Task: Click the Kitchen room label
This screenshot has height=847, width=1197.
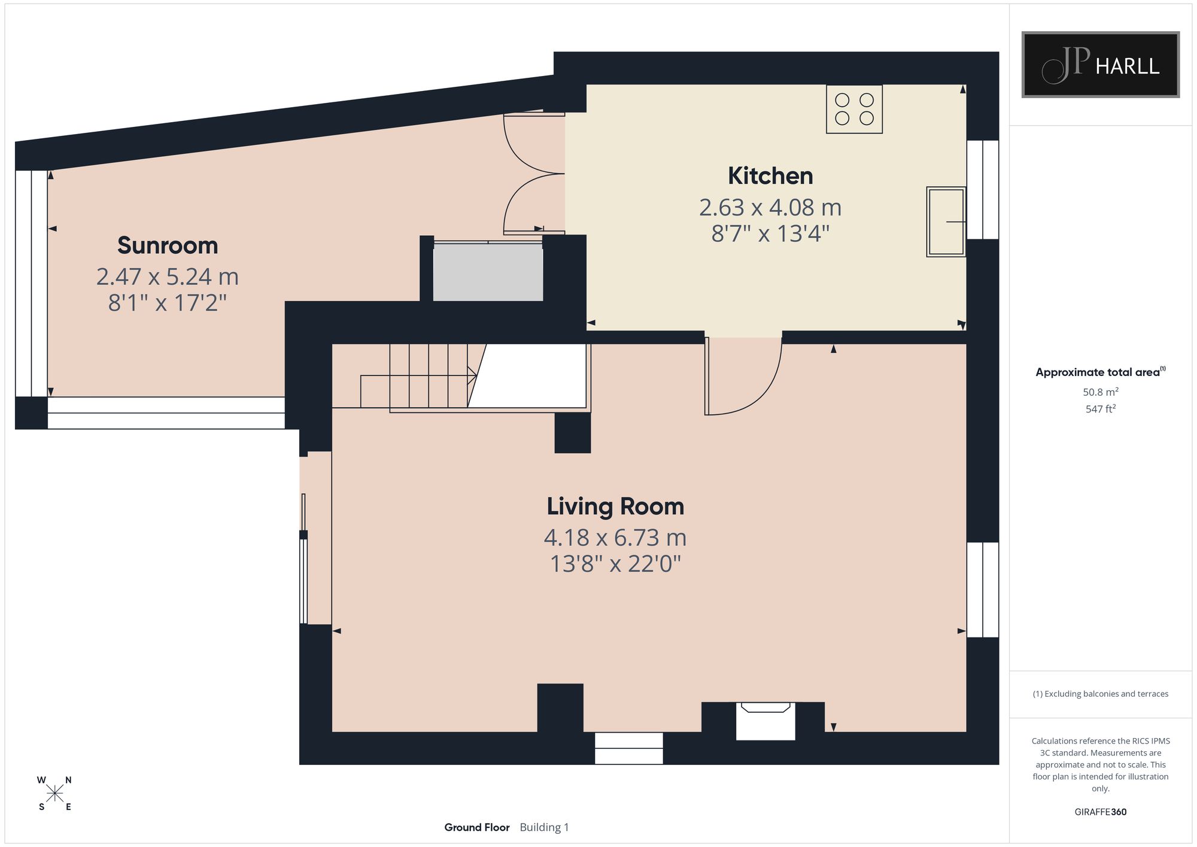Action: (770, 176)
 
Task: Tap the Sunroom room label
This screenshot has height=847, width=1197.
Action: (168, 245)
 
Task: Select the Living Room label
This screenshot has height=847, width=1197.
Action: (615, 506)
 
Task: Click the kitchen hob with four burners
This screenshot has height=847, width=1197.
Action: (854, 109)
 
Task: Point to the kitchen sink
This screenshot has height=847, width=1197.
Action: (946, 222)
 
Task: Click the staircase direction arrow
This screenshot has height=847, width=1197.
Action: (418, 376)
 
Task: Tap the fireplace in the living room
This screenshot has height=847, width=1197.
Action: (765, 721)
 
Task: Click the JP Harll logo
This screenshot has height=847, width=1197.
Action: (1101, 65)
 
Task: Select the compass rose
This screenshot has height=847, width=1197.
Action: (55, 794)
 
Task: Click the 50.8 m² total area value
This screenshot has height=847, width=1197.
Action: (1101, 392)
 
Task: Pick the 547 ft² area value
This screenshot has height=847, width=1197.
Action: (1101, 409)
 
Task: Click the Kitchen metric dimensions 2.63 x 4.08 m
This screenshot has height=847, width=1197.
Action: (770, 208)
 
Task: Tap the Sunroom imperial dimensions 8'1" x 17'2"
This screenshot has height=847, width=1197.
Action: (168, 303)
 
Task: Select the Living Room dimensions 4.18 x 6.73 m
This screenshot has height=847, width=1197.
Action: (615, 538)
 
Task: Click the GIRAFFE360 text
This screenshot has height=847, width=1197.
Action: (1101, 812)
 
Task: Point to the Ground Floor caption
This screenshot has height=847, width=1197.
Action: (477, 827)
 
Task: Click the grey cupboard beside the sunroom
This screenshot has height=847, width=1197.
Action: (488, 272)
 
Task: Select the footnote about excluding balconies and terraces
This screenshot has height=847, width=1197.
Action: (1101, 694)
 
